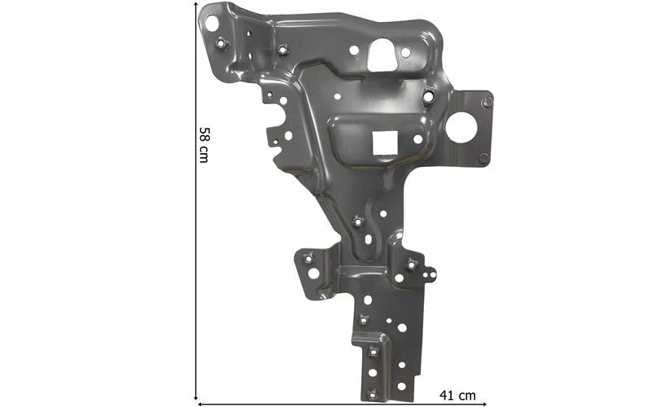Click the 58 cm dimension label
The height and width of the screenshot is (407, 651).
coord(203,145)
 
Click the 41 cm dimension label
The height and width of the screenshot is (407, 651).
coord(457,396)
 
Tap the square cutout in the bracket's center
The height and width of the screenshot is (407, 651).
coord(385,143)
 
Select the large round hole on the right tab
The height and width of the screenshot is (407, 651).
coord(461,128)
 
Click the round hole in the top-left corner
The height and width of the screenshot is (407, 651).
coord(212,24)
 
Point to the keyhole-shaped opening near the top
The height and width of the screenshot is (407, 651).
coord(382,55)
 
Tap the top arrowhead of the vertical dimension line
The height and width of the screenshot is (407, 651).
coord(195,3)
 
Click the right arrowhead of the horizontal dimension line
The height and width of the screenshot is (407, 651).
coord(484,404)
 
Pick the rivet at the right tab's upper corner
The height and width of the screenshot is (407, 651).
coord(487,103)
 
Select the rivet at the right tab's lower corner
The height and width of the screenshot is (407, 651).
coord(483,158)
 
